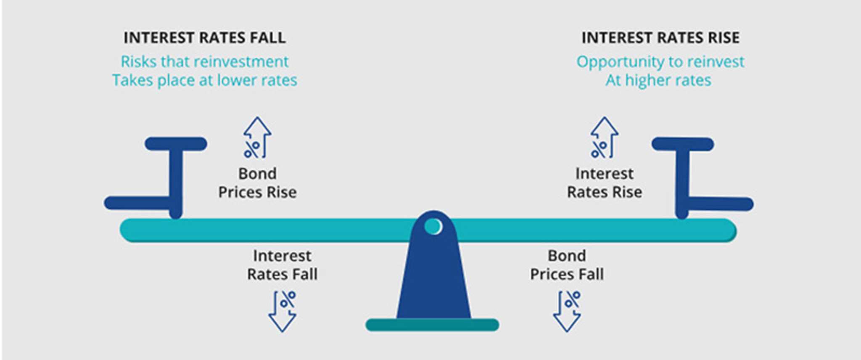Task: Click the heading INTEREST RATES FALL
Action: click(x=204, y=38)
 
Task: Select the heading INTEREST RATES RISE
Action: click(x=660, y=38)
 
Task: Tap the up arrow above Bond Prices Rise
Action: click(x=257, y=138)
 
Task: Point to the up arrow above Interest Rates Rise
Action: click(x=604, y=138)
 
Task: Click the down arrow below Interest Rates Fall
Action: click(x=283, y=311)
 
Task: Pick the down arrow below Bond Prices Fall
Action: click(x=567, y=311)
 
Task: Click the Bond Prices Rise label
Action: click(x=257, y=183)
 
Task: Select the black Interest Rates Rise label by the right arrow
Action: click(x=605, y=183)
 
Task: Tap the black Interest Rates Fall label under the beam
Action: click(x=282, y=265)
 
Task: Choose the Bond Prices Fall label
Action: click(x=567, y=265)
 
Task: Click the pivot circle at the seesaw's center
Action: click(x=433, y=226)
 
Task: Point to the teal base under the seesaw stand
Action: click(x=432, y=325)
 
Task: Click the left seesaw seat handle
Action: click(x=176, y=144)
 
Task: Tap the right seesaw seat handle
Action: click(x=682, y=144)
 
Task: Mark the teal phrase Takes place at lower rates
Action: click(x=204, y=80)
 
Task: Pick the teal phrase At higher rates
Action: click(x=658, y=80)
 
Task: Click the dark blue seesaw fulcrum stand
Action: click(x=433, y=282)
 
